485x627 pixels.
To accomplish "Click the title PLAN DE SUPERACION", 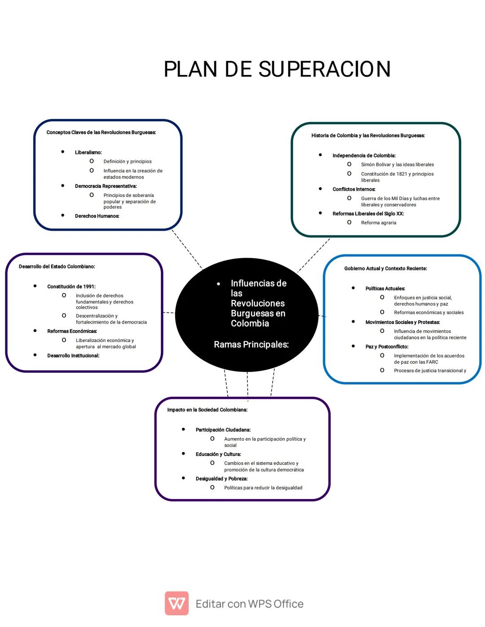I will tap(277, 70).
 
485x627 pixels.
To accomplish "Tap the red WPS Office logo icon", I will tap(176, 603).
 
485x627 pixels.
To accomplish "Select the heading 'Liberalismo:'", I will tap(88, 153).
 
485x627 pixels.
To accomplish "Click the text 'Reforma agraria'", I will tap(379, 223).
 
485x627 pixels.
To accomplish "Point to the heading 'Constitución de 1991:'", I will tap(71, 287).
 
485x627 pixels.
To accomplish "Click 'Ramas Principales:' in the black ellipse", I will tap(251, 345).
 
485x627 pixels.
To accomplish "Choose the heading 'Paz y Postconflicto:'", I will tap(387, 347).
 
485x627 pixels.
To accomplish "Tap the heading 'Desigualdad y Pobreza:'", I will tap(221, 479).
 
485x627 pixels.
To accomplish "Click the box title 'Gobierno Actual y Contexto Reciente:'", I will tap(385, 269).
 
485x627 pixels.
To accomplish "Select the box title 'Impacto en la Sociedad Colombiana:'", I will tap(207, 410).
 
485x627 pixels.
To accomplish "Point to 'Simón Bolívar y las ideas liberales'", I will tap(397, 165).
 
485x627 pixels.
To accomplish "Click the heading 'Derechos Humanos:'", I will tap(97, 216).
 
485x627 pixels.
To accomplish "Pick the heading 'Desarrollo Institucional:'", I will tap(73, 356).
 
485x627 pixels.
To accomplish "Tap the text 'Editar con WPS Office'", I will tap(250, 604).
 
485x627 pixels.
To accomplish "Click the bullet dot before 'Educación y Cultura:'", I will tap(183, 454).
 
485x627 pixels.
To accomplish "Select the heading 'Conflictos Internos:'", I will tap(354, 189).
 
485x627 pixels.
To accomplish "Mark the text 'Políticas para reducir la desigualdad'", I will tap(263, 488).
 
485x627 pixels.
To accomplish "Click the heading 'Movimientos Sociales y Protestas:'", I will tap(402, 322).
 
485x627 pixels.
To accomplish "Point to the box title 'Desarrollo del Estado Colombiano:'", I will tap(57, 267).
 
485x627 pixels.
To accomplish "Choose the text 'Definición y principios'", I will tap(128, 162).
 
